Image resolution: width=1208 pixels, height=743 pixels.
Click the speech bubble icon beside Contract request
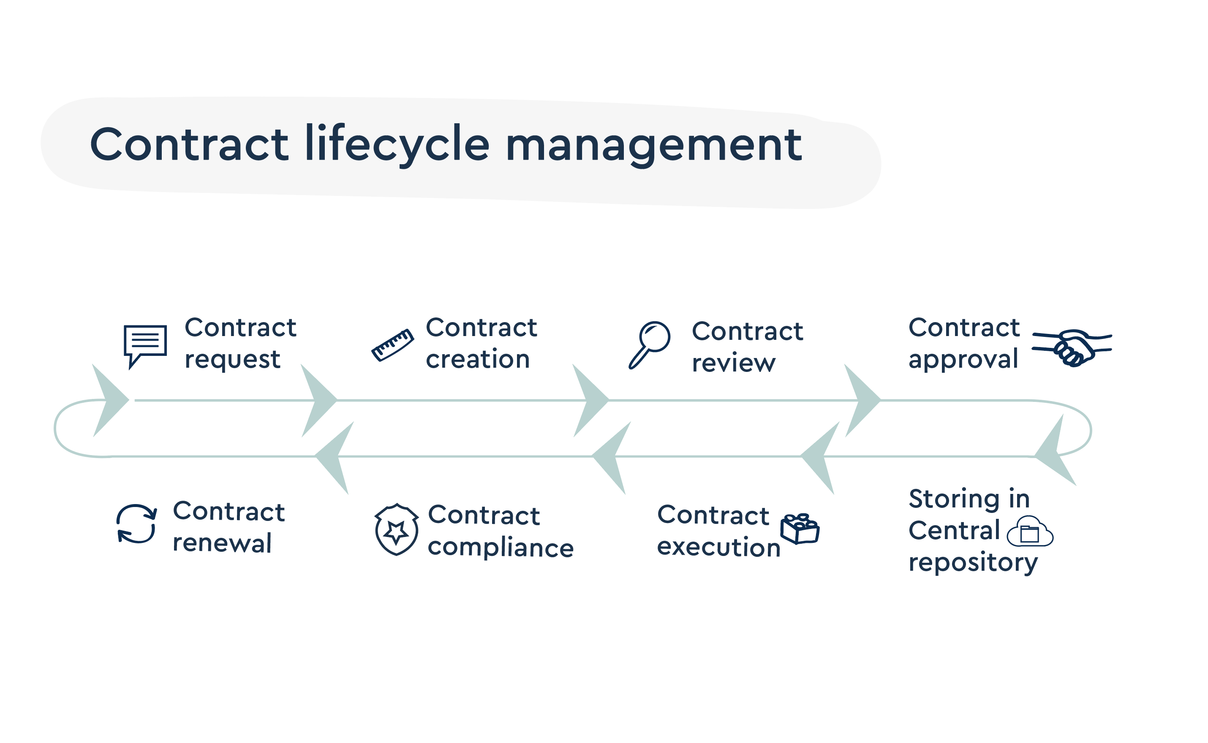145,344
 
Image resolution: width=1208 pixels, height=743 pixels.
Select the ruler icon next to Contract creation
392,345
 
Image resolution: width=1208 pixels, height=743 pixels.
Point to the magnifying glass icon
649,344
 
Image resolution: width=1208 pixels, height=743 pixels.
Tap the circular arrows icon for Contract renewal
136,524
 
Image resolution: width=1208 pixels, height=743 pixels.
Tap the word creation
477,359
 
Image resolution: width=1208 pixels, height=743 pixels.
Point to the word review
733,363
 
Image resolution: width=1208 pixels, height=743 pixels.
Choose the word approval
963,360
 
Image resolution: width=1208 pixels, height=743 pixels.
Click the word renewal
222,543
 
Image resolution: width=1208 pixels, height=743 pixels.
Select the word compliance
500,548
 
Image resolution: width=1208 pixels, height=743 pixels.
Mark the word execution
718,548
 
